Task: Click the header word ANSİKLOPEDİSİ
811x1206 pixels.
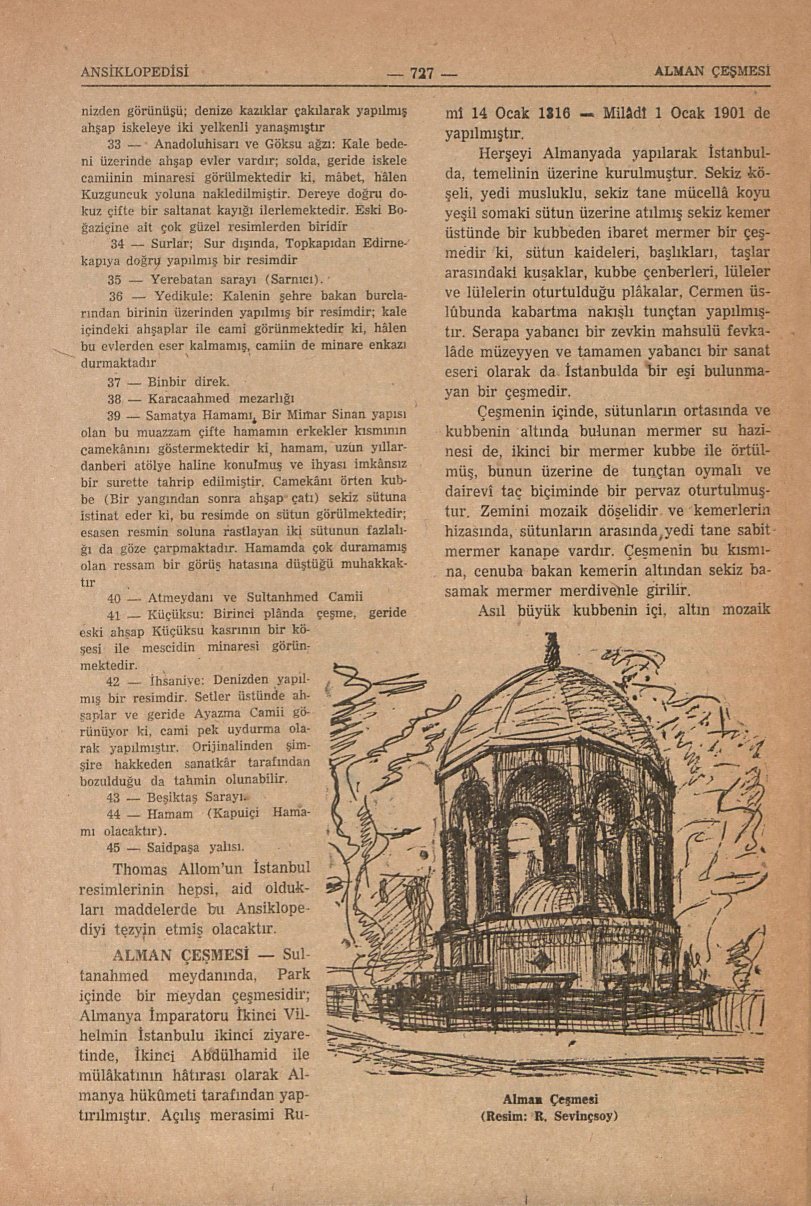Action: [134, 70]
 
